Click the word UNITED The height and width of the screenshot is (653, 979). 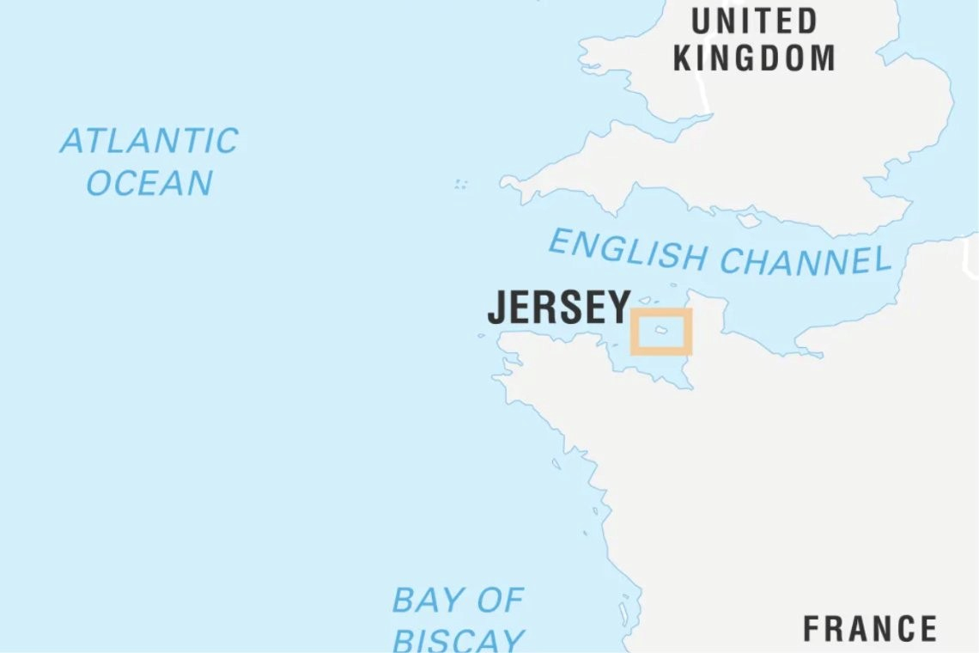click(x=754, y=21)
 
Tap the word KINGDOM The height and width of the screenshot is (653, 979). click(x=754, y=58)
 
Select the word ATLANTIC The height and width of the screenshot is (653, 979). click(x=149, y=141)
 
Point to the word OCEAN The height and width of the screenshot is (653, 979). click(x=149, y=183)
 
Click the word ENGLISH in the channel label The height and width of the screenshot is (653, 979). click(x=626, y=249)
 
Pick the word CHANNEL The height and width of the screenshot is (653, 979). click(x=805, y=259)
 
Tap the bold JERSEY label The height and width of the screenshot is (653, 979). click(x=559, y=308)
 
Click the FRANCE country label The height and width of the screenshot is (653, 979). click(x=869, y=628)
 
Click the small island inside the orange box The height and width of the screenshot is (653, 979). click(x=661, y=330)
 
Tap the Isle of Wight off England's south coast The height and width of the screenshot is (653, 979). click(x=748, y=220)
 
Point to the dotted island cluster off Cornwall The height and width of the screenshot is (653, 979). click(x=461, y=184)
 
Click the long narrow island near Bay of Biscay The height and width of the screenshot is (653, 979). click(x=623, y=613)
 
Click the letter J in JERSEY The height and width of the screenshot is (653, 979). click(x=496, y=308)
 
